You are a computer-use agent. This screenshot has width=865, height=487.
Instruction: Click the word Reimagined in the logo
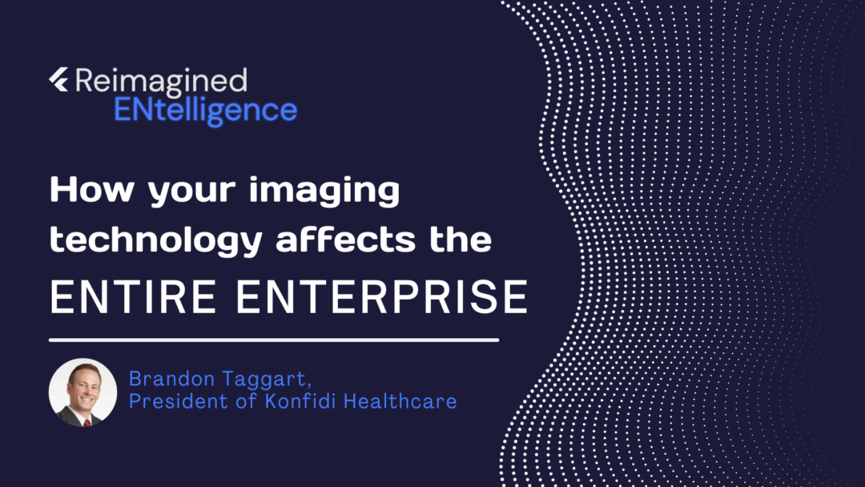tap(161, 82)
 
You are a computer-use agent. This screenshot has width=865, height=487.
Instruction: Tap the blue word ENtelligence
tap(206, 111)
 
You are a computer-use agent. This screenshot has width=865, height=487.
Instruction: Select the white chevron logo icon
tap(59, 79)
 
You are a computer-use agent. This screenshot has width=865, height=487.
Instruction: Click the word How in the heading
tap(92, 189)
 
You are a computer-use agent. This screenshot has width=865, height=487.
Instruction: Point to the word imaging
tap(324, 191)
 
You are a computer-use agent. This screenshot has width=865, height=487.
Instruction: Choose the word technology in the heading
tap(156, 241)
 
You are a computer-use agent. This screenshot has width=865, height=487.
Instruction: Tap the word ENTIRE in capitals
tap(133, 296)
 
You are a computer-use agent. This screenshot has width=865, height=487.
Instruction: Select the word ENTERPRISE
tap(382, 296)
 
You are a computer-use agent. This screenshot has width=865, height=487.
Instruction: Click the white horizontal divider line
tap(274, 340)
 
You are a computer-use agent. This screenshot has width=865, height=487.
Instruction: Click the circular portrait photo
tap(82, 392)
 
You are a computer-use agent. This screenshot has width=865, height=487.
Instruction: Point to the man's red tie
tap(86, 422)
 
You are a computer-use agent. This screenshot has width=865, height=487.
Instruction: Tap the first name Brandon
tap(171, 379)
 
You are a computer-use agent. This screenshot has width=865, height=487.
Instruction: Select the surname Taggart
tap(265, 380)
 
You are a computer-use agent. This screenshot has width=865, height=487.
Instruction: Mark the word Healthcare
tap(400, 401)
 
